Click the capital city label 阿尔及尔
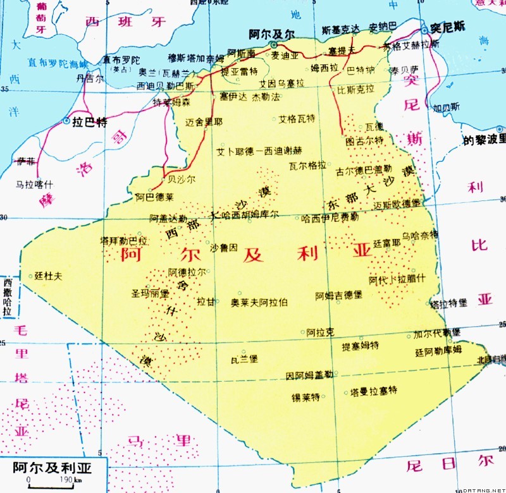click(272, 33)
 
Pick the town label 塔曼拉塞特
click(374, 391)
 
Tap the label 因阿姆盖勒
click(309, 375)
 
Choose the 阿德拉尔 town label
click(187, 272)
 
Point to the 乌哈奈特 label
click(419, 234)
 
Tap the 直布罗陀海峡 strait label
click(58, 63)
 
